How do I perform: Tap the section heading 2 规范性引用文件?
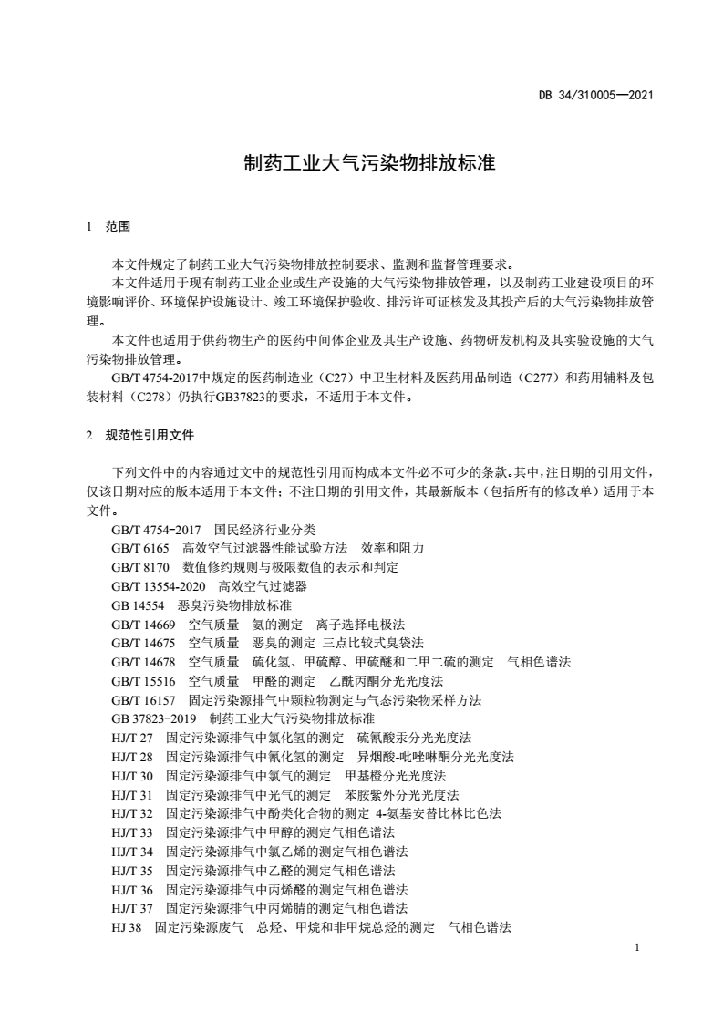coord(139,435)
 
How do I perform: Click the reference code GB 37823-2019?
coord(153,718)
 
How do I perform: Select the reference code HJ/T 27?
coord(132,737)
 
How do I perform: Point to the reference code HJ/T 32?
coord(132,812)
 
